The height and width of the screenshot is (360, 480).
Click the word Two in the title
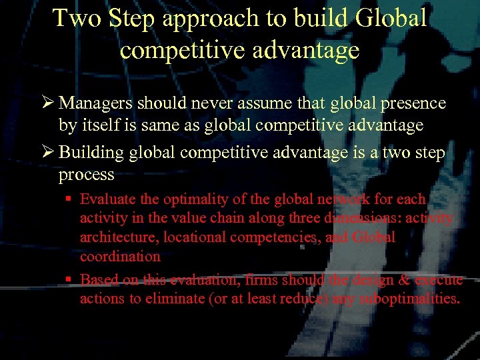(x=78, y=19)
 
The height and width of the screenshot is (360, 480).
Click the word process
(x=86, y=175)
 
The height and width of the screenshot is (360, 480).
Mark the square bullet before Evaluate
(x=70, y=199)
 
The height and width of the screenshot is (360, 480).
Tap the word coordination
(x=120, y=257)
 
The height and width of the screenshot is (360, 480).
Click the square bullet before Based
(x=70, y=280)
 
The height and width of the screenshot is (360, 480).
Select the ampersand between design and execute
(x=404, y=280)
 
